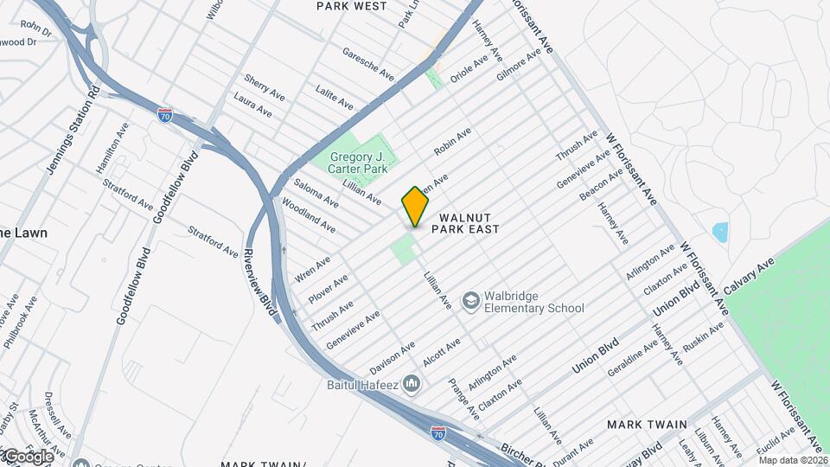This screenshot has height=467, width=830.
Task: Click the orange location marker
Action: (415, 207)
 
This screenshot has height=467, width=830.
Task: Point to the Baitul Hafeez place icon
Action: (412, 382)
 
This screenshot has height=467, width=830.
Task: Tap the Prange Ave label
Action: (464, 399)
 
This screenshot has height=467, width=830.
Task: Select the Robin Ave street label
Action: (452, 141)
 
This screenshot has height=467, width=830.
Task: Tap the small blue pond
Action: (719, 232)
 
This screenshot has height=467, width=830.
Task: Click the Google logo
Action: (28, 456)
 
